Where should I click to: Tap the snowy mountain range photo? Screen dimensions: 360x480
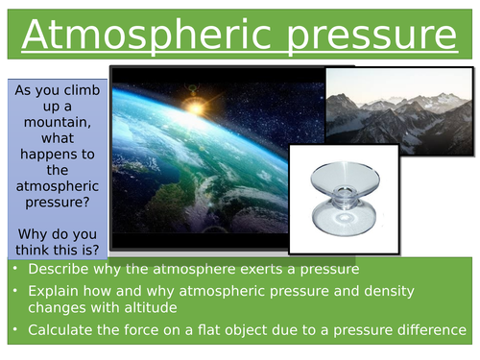[x=398, y=109]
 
